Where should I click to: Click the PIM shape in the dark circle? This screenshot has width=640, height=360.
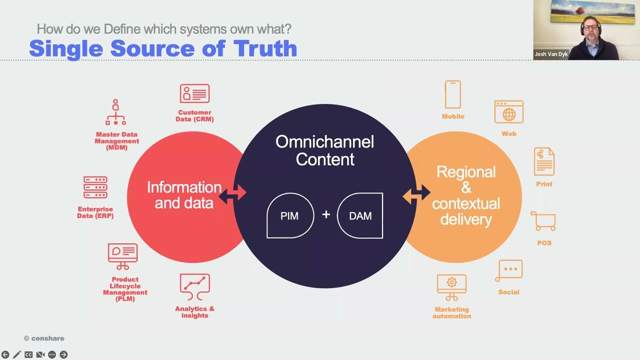click(x=290, y=215)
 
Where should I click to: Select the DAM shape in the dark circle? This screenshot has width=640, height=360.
click(x=360, y=215)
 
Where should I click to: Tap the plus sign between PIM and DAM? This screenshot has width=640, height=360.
click(x=326, y=214)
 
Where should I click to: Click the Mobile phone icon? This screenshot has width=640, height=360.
click(x=453, y=94)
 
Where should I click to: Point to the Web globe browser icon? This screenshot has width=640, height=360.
click(x=509, y=112)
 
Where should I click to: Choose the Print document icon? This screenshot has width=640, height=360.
click(x=544, y=161)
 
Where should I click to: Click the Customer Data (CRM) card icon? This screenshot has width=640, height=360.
click(x=194, y=94)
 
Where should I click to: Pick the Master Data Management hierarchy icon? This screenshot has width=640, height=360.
click(x=115, y=113)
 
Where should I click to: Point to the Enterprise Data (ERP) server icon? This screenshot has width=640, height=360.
click(x=95, y=187)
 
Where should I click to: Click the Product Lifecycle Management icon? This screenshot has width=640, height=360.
click(x=123, y=256)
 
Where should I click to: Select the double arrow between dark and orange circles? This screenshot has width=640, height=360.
click(x=416, y=194)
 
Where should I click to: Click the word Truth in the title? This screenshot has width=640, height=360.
click(x=265, y=48)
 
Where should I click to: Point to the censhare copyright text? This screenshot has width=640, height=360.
click(x=44, y=338)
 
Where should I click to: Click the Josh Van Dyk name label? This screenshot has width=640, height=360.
click(x=551, y=54)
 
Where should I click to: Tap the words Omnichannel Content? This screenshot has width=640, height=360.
click(x=324, y=150)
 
